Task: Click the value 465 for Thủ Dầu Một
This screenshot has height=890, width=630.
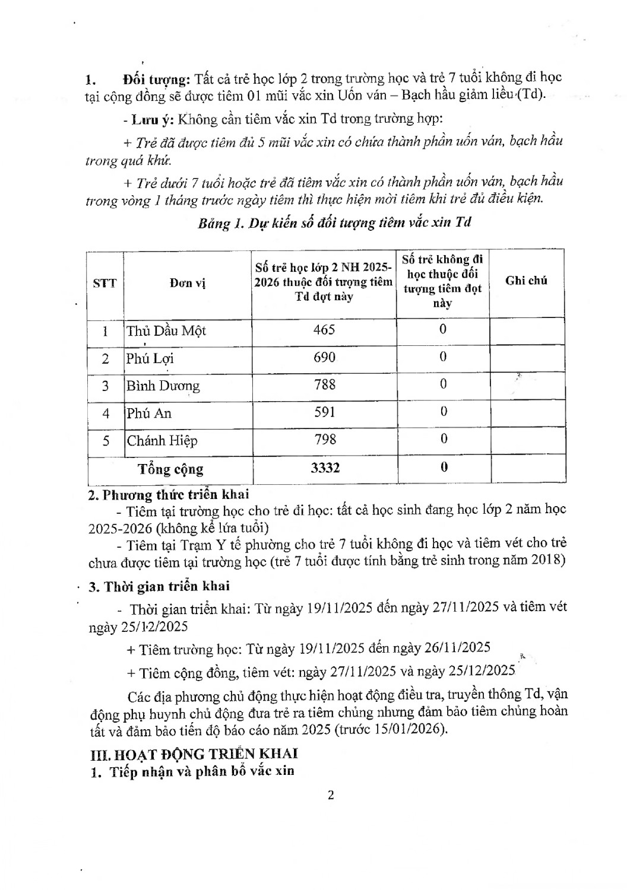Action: (x=324, y=329)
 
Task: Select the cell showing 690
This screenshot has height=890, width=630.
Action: (x=324, y=357)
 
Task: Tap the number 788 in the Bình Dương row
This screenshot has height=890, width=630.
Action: (x=324, y=384)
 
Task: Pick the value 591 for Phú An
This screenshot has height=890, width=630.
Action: (x=324, y=412)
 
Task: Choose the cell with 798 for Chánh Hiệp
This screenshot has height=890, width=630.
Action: (x=324, y=440)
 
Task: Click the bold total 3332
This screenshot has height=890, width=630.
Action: (x=325, y=468)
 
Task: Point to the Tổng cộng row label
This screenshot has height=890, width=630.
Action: (x=170, y=469)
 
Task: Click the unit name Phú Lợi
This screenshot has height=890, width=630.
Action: (x=150, y=358)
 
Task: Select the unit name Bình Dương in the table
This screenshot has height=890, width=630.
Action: (x=163, y=386)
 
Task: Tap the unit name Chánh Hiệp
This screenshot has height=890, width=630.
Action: (x=162, y=441)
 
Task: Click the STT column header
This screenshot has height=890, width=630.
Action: (x=105, y=283)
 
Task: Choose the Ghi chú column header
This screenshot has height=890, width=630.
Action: (x=526, y=281)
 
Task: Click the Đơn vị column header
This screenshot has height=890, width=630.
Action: (x=187, y=284)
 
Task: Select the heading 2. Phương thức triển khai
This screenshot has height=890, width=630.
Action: (x=169, y=494)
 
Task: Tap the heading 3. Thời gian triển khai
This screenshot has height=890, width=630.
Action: (x=159, y=586)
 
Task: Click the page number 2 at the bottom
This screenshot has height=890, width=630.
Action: (x=331, y=795)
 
